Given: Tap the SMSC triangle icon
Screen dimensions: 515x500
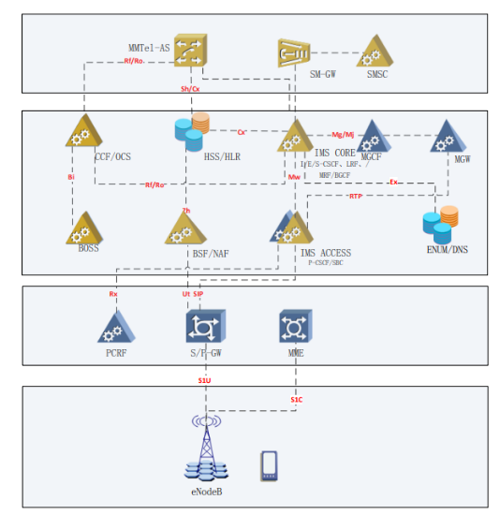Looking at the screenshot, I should [375, 52].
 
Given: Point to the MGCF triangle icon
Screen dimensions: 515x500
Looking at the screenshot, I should [375, 137].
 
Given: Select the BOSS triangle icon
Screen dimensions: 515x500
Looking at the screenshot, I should [84, 226].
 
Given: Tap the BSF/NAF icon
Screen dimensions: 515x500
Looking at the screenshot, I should [184, 228].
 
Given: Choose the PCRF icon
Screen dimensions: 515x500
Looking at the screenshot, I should [115, 325].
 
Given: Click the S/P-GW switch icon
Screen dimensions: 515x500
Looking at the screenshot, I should [203, 327].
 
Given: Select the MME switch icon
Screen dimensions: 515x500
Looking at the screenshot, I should [296, 327].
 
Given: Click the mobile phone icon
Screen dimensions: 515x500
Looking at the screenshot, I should [270, 465].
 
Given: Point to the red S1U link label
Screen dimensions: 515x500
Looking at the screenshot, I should [204, 381].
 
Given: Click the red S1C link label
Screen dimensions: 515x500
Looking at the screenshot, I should [295, 401].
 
